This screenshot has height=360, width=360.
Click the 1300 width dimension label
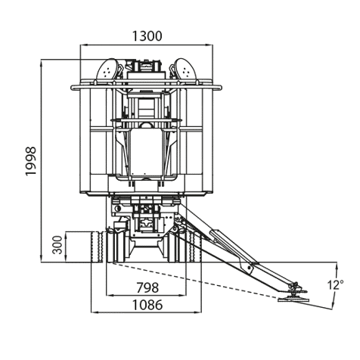(147, 36)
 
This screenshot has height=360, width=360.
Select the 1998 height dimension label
(31, 161)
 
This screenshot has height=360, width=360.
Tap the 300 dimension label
(58, 245)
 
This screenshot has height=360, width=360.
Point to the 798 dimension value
(147, 287)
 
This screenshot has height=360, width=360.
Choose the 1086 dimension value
(147, 305)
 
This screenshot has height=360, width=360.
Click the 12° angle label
(335, 285)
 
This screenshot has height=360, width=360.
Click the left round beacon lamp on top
(107, 70)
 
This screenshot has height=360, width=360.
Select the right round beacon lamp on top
(186, 70)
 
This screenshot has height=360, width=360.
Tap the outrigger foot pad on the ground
(293, 299)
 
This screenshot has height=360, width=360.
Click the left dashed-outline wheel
(98, 247)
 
